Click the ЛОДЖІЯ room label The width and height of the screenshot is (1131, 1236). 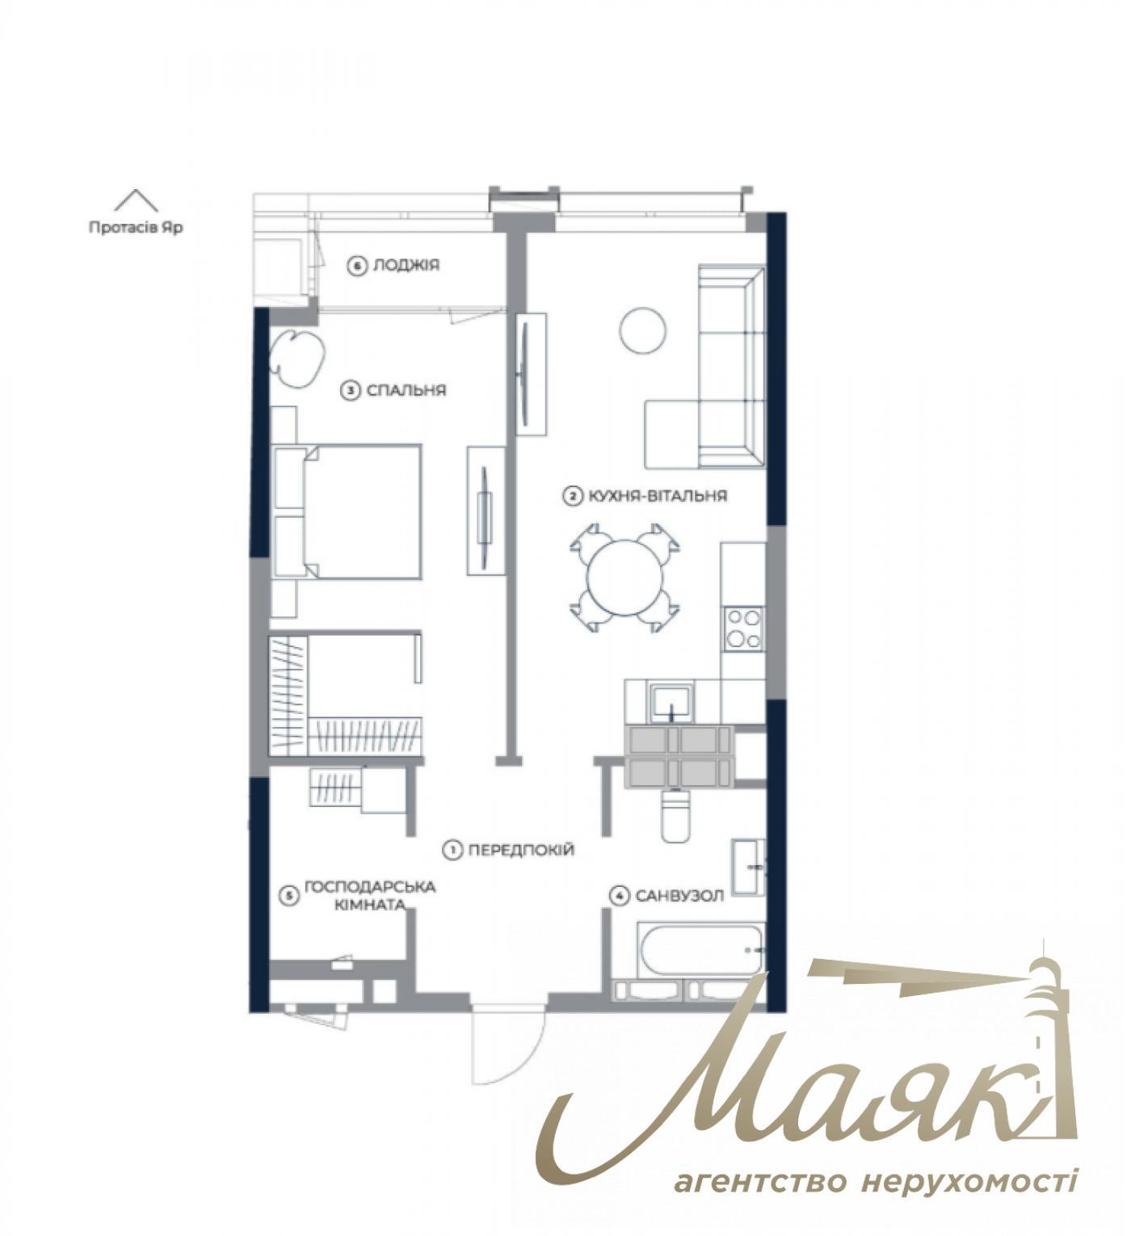pos(406,265)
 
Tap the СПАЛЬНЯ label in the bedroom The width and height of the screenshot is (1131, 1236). pos(406,391)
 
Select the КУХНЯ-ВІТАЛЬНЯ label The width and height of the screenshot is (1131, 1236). pos(657,496)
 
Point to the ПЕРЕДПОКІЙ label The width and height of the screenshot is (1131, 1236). pos(521,850)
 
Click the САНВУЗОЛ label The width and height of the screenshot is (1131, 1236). pos(679,896)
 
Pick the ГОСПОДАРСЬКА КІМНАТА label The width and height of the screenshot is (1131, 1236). pos(369,895)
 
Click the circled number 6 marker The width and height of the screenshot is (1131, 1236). pos(357,266)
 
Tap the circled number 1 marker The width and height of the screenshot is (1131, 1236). pos(452,850)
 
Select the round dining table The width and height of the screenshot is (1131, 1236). pos(624,578)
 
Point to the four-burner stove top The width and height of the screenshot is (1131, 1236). pos(743,629)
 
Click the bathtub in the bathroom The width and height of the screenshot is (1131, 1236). pos(701,950)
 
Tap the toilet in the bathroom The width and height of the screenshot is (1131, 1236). pos(675,816)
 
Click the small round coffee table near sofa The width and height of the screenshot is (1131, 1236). pos(643,330)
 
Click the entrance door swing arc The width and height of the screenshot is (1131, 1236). pos(509,1046)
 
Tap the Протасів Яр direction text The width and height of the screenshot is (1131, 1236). pos(136,228)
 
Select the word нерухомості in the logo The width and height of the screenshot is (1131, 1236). pos(969,1182)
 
